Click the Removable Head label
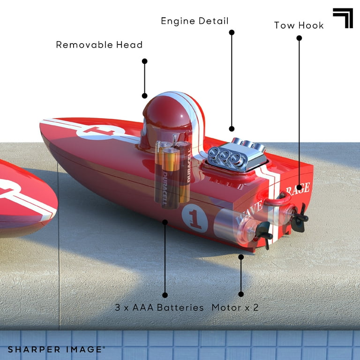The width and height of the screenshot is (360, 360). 99,45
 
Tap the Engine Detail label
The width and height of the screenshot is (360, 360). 195,21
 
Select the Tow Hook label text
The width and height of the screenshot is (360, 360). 299,25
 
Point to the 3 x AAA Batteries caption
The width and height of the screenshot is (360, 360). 159,307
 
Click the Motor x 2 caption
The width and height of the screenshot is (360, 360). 235,307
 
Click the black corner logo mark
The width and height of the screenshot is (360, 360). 343,18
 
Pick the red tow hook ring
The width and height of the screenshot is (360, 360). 277,199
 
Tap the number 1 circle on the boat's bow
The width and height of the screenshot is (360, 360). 101,132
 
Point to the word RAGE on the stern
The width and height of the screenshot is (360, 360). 298,189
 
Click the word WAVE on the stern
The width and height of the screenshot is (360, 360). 249,212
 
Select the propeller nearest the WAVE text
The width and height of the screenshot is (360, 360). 264,235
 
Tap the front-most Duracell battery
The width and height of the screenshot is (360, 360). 170,178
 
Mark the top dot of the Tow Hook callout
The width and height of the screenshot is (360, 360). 299,38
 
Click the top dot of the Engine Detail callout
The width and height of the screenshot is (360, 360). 232,32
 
